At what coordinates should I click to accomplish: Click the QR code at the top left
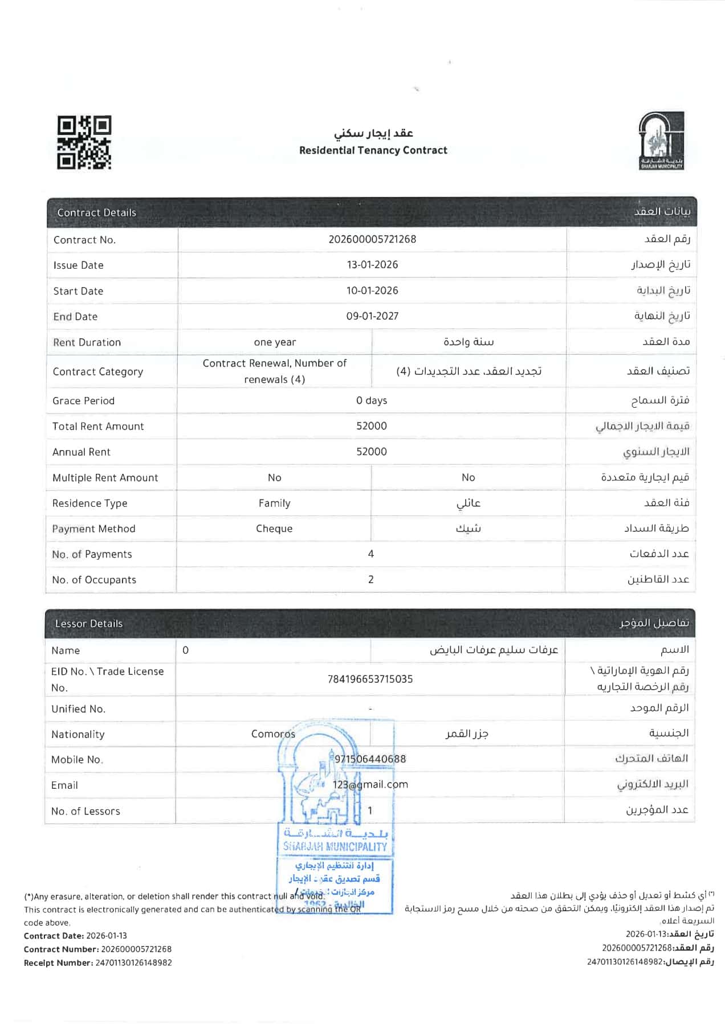point(84,142)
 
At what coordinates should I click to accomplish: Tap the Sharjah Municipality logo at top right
point(661,141)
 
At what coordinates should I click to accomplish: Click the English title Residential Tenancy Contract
point(373,150)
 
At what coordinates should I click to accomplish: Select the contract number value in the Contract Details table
point(372,239)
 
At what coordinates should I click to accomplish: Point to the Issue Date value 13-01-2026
point(372,265)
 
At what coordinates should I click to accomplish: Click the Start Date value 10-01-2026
point(372,290)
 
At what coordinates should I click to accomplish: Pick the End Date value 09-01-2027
point(372,316)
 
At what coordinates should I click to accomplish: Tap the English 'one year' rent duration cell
point(275,342)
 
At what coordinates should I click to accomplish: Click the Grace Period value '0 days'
point(372,400)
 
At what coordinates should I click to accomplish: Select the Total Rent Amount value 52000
point(372,426)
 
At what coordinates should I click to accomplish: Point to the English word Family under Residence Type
point(274,503)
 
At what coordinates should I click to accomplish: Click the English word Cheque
point(274,529)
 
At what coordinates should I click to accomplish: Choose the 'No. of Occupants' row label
point(94,580)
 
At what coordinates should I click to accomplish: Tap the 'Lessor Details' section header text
point(89,624)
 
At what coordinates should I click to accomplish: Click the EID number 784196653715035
point(370,679)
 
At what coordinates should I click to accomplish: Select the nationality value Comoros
point(273,734)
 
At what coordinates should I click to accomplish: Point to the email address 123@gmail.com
point(370,785)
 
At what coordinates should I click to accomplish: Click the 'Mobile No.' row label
point(77,760)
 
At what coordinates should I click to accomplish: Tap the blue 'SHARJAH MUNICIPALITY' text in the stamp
point(335,847)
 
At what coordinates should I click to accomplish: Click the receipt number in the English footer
point(133,962)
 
